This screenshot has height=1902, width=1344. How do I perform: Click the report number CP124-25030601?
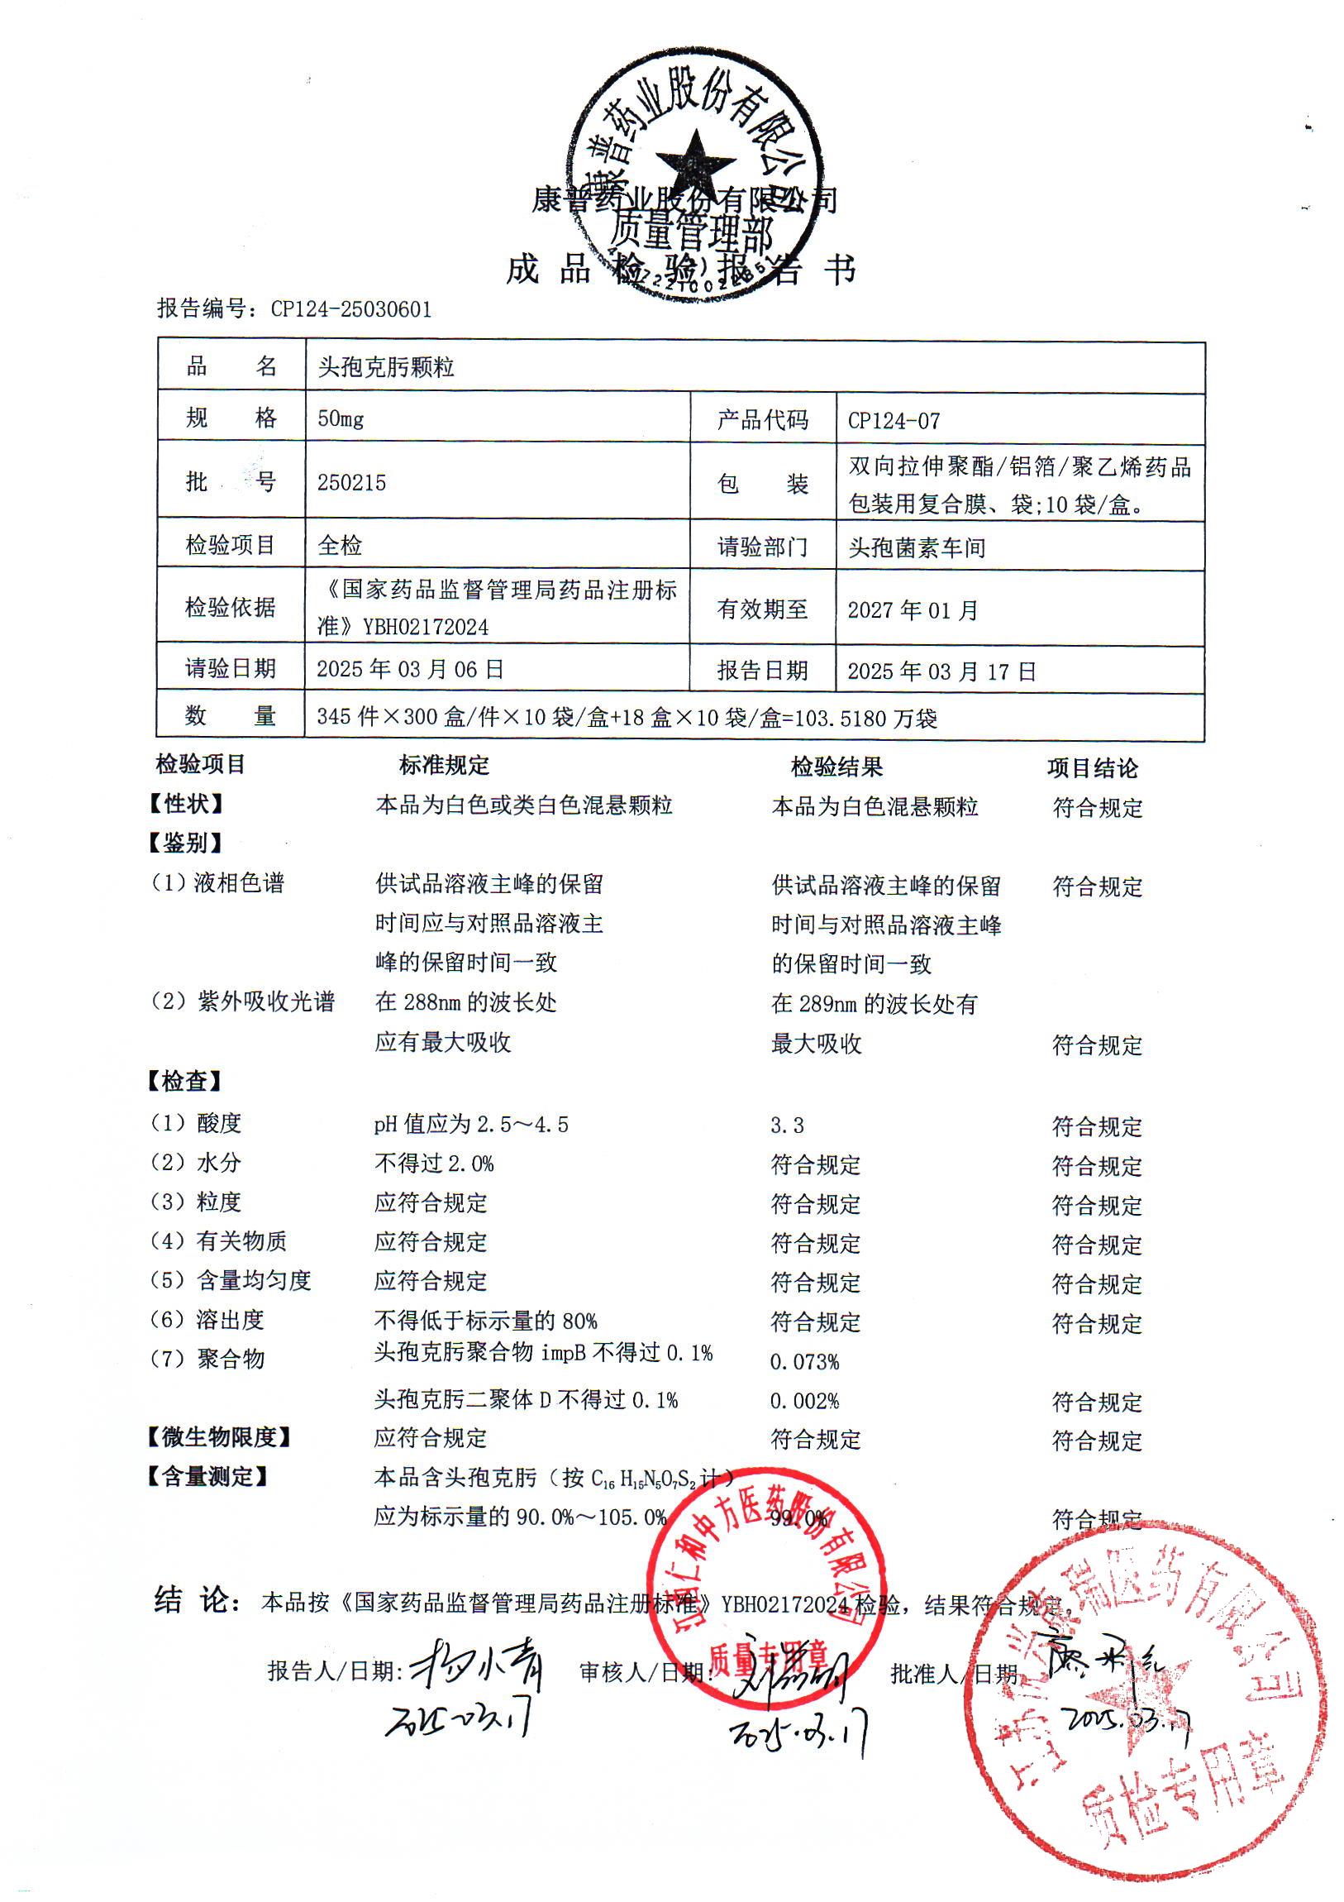(351, 309)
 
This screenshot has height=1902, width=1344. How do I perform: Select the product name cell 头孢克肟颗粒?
(386, 367)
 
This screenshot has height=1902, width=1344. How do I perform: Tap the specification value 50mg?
(341, 418)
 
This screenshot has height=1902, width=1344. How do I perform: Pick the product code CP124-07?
(894, 421)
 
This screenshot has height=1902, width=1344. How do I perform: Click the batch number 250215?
(351, 482)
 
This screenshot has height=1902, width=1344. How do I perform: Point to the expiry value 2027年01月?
(913, 610)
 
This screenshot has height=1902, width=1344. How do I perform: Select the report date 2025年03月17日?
(941, 671)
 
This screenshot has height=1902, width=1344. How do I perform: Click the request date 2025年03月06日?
(410, 669)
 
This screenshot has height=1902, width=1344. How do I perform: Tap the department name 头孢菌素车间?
(917, 547)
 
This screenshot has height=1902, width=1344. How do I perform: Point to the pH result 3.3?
(787, 1125)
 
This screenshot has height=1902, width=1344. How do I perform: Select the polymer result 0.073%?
(804, 1362)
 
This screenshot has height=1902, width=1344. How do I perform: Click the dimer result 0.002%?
(804, 1402)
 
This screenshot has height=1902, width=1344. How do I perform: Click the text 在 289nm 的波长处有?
(874, 1004)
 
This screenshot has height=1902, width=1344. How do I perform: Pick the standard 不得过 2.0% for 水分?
(434, 1164)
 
